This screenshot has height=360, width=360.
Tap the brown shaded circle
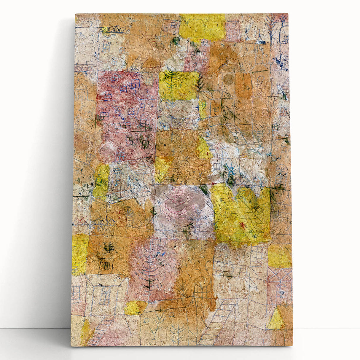click(228, 79)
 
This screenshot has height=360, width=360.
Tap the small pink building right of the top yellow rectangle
click(233, 30)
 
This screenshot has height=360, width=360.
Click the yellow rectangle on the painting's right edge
click(280, 256)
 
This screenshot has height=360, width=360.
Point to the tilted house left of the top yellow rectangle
click(170, 27)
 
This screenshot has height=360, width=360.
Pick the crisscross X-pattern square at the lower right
click(280, 279)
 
